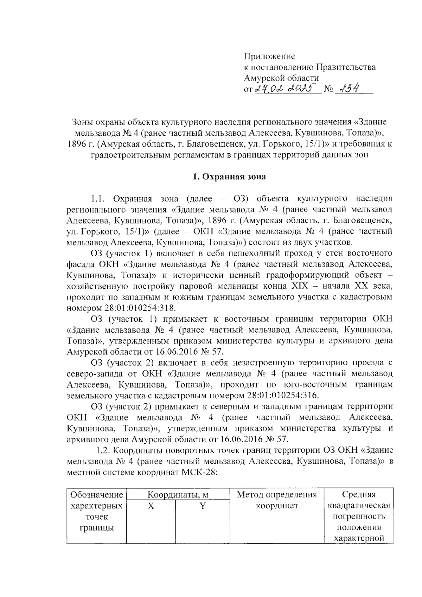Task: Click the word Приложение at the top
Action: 269,56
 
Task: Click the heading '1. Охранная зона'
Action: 229,177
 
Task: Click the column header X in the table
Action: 151,506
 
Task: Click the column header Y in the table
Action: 202,506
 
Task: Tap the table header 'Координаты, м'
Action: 178,495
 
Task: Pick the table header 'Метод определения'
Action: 277,495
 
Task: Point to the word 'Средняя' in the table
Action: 359,495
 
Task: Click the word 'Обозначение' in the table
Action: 96,495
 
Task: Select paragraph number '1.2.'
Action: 104,450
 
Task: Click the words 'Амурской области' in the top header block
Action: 282,78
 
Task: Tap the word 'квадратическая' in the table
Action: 359,506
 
